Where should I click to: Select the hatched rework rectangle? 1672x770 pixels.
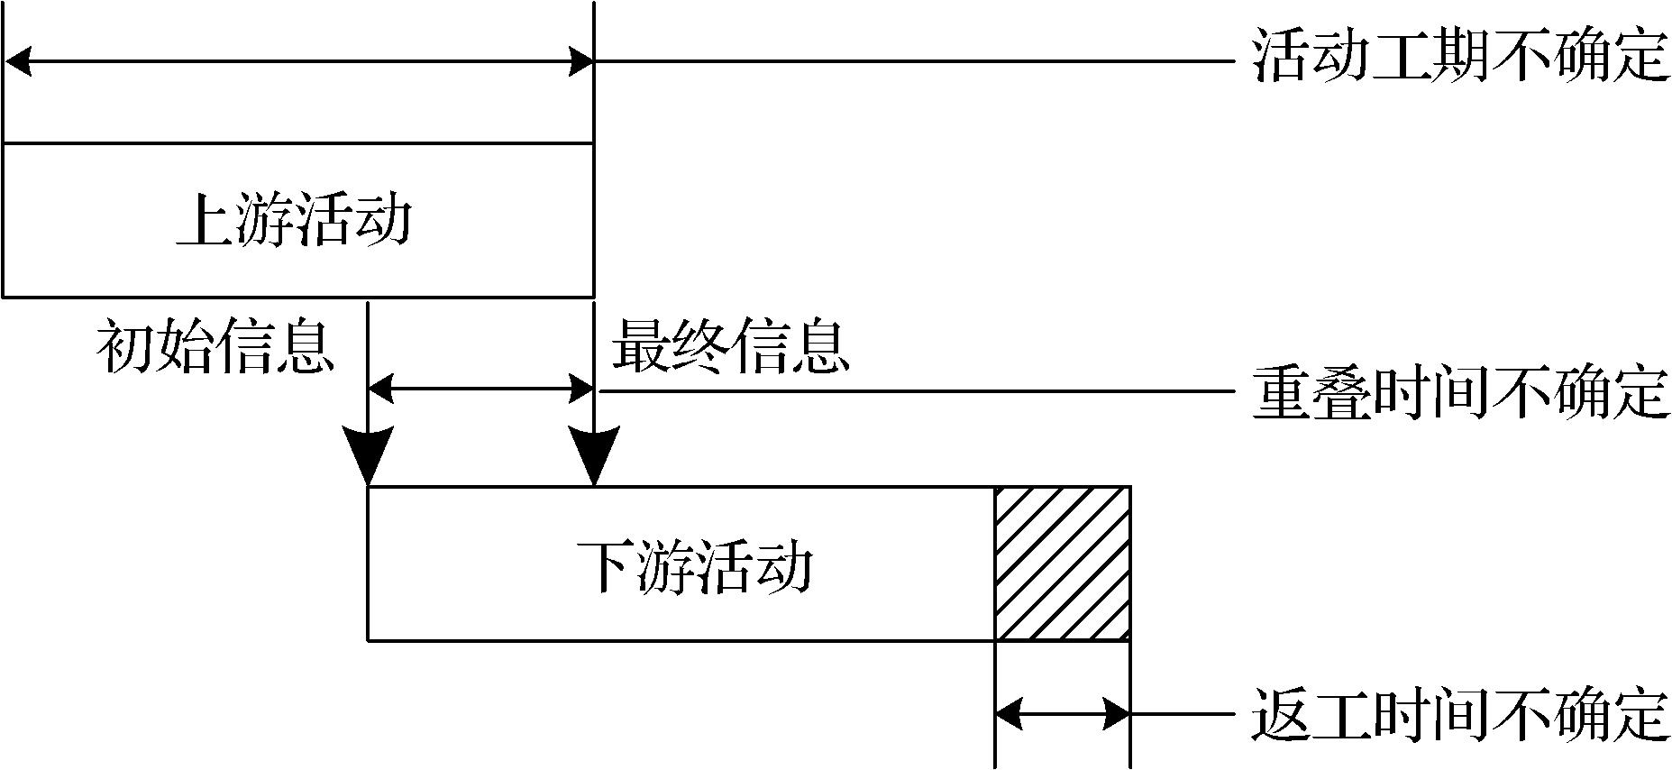(1062, 564)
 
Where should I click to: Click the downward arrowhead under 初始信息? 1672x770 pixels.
(369, 455)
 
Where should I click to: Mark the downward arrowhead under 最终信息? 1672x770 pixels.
(594, 455)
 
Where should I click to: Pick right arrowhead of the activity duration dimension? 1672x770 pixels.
(580, 62)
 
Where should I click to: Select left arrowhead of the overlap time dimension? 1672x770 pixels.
(382, 390)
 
